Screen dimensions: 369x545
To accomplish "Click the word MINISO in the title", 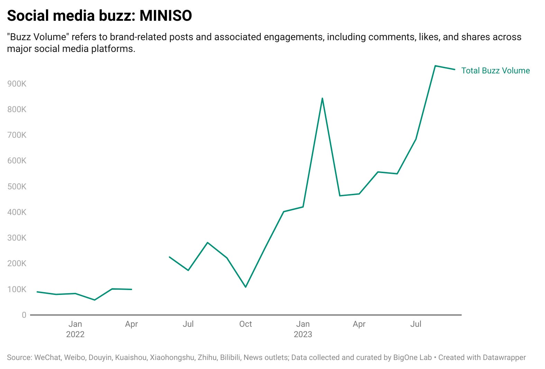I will (x=166, y=16).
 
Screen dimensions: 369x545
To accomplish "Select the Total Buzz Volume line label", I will (x=495, y=71).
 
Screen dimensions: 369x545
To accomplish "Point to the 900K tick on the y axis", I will (x=17, y=84).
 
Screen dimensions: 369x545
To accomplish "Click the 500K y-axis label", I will (x=17, y=187).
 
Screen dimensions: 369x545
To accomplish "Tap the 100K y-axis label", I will (x=17, y=289).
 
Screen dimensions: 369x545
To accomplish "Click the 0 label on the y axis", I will (x=24, y=315).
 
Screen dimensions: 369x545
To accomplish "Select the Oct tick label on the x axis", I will (x=246, y=324).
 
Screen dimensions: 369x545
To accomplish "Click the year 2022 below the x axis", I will (x=75, y=334).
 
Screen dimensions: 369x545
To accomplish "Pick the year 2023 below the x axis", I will (x=303, y=334).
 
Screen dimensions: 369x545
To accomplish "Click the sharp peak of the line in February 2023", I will (x=322, y=98).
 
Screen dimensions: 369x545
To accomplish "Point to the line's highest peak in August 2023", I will (x=435, y=66).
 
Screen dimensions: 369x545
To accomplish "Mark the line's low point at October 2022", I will (x=246, y=287).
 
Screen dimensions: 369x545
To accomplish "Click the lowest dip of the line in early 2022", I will (x=94, y=300).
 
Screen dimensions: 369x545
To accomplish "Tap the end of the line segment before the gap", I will (x=131, y=289).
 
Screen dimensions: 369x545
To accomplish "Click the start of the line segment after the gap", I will (x=169, y=257).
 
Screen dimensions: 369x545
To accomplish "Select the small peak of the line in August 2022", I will (x=207, y=242).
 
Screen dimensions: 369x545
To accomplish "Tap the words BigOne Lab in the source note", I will (x=412, y=357).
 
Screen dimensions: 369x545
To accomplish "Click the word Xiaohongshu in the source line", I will (x=172, y=357).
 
